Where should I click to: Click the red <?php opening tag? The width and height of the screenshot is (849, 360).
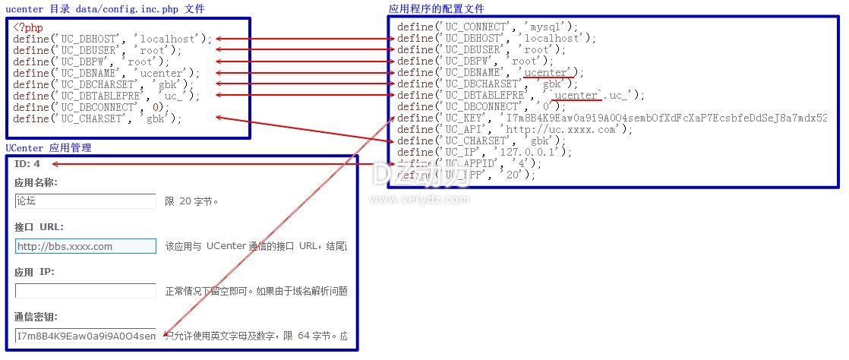click(x=28, y=27)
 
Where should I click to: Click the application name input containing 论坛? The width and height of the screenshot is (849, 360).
click(x=85, y=201)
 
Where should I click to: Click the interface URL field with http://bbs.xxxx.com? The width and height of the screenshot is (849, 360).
click(x=85, y=246)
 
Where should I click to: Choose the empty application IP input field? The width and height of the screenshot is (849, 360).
click(x=85, y=291)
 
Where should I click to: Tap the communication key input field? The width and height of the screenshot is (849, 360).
click(x=85, y=336)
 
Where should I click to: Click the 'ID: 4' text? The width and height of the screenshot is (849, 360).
click(x=27, y=164)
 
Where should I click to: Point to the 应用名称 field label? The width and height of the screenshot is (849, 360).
click(x=36, y=182)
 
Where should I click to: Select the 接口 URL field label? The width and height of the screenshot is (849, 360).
click(x=39, y=227)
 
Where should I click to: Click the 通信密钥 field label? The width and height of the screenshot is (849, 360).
click(x=36, y=317)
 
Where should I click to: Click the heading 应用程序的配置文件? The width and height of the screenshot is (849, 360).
click(x=436, y=8)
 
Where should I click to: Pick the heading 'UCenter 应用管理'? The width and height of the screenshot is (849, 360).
click(x=49, y=147)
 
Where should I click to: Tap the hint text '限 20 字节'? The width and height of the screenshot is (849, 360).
click(x=191, y=201)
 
